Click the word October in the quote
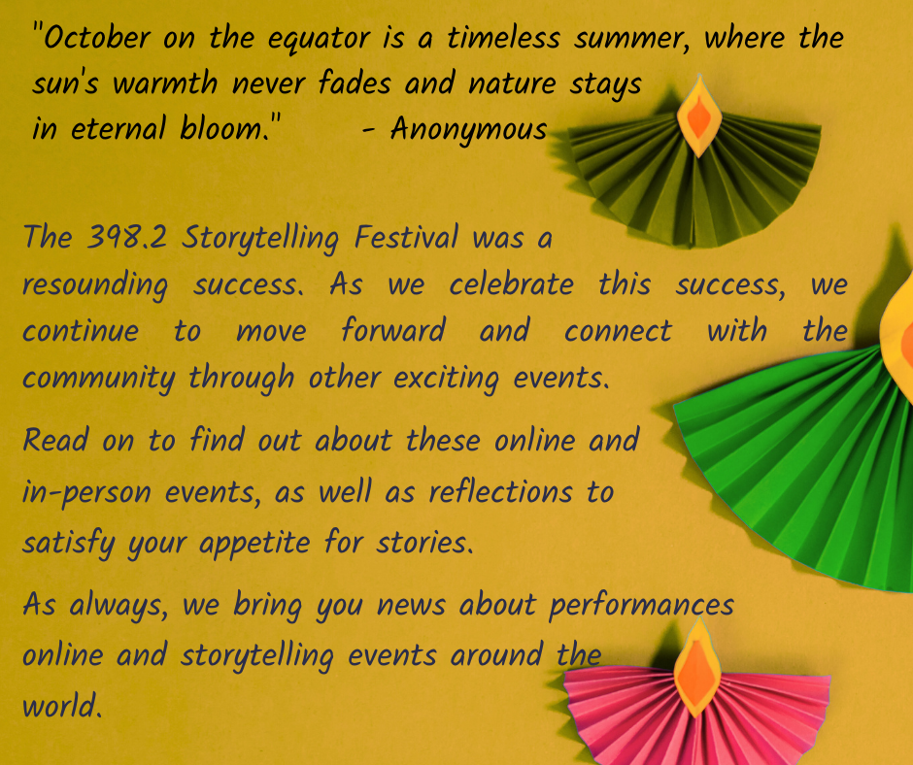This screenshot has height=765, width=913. tap(97, 38)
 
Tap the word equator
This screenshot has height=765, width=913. tap(319, 40)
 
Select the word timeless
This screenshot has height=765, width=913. tap(503, 38)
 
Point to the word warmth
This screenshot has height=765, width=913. tap(165, 83)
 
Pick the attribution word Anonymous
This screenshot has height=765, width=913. tap(469, 129)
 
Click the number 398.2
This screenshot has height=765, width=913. tap(126, 238)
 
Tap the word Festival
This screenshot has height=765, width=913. tap(406, 238)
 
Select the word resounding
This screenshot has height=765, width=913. tap(95, 285)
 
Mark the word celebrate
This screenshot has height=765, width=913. tap(511, 284)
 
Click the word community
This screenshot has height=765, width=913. tap(98, 379)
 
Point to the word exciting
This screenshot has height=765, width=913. tap(446, 379)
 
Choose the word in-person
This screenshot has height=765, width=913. tap(86, 492)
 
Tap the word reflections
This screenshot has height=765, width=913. tap(500, 491)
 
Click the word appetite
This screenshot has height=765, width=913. tap(254, 544)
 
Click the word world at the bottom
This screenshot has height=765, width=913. tap(62, 706)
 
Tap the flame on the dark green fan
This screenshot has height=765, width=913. tap(698, 116)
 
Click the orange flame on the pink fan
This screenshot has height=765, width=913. tap(697, 670)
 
